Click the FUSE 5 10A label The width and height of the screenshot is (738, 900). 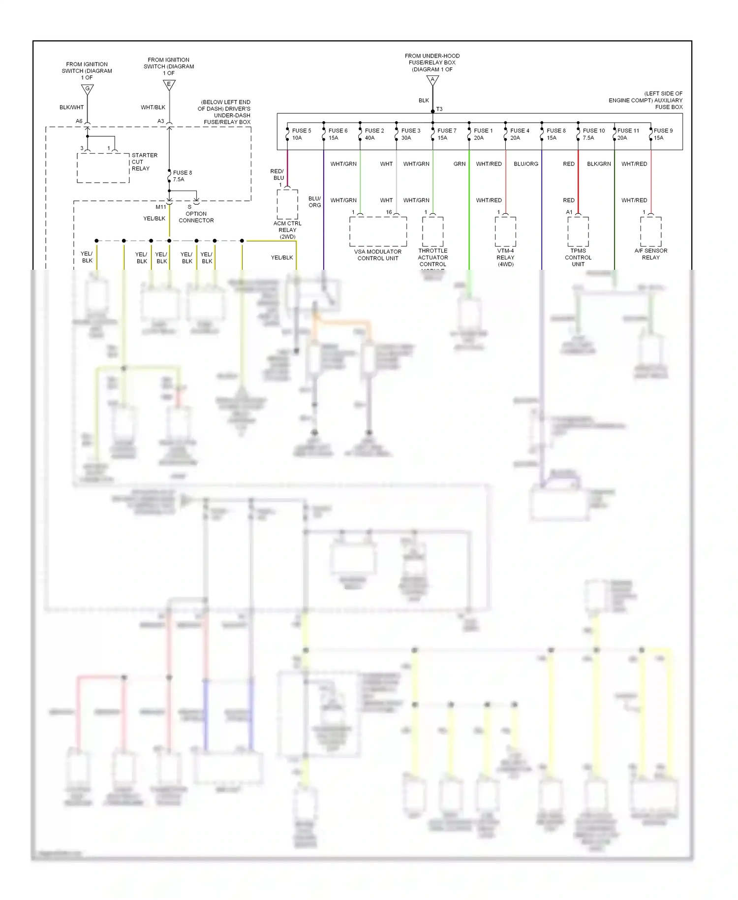[x=301, y=134]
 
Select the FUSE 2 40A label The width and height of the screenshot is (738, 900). [x=374, y=134]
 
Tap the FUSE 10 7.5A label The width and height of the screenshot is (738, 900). [x=593, y=134]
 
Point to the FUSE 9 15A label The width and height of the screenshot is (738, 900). [x=663, y=134]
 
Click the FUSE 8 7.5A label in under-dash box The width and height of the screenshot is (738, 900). [x=182, y=176]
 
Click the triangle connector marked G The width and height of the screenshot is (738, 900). [x=87, y=89]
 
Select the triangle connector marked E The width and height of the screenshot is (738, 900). [x=169, y=85]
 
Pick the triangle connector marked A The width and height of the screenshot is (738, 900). [x=432, y=80]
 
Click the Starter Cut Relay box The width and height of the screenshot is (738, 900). [x=103, y=168]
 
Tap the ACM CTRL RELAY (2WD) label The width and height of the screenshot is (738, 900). [x=287, y=230]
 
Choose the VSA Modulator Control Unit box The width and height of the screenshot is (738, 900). [x=378, y=231]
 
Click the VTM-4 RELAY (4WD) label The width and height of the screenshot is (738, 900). [x=505, y=257]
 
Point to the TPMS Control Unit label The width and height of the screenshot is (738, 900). [x=578, y=257]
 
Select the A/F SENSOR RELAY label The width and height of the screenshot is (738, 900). [x=650, y=254]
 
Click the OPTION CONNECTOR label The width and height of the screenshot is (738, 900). [x=196, y=217]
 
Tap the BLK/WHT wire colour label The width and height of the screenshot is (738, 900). [x=71, y=107]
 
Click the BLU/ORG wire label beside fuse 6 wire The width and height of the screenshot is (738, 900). [x=314, y=202]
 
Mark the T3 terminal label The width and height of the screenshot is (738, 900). [x=439, y=109]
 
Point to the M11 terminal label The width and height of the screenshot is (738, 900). [x=161, y=207]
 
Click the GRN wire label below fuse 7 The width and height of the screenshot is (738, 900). [x=459, y=164]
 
